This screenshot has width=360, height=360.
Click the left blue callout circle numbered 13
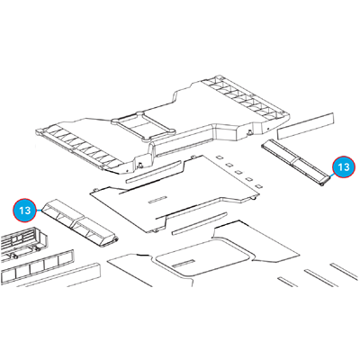click(x=24, y=210)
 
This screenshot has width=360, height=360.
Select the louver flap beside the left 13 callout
click(x=80, y=223)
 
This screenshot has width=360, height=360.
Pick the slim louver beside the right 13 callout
click(x=296, y=163)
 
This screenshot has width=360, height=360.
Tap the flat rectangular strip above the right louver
click(x=305, y=126)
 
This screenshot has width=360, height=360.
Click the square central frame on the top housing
click(x=143, y=125)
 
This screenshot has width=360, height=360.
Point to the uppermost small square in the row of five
click(x=220, y=157)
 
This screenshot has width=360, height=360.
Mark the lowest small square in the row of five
click(x=258, y=186)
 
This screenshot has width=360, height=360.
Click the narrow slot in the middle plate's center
click(x=157, y=199)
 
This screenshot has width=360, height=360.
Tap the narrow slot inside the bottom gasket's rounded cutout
click(x=183, y=264)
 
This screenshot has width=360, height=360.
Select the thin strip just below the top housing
click(x=154, y=172)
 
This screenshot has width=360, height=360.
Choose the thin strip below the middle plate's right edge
click(x=200, y=223)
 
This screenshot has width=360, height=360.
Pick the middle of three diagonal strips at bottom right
click(x=321, y=278)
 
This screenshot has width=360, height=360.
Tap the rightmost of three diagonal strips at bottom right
click(x=345, y=271)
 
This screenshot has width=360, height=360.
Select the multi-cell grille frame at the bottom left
click(x=37, y=265)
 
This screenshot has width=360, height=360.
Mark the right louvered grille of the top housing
click(x=245, y=98)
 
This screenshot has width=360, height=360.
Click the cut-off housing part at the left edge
click(x=22, y=244)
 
